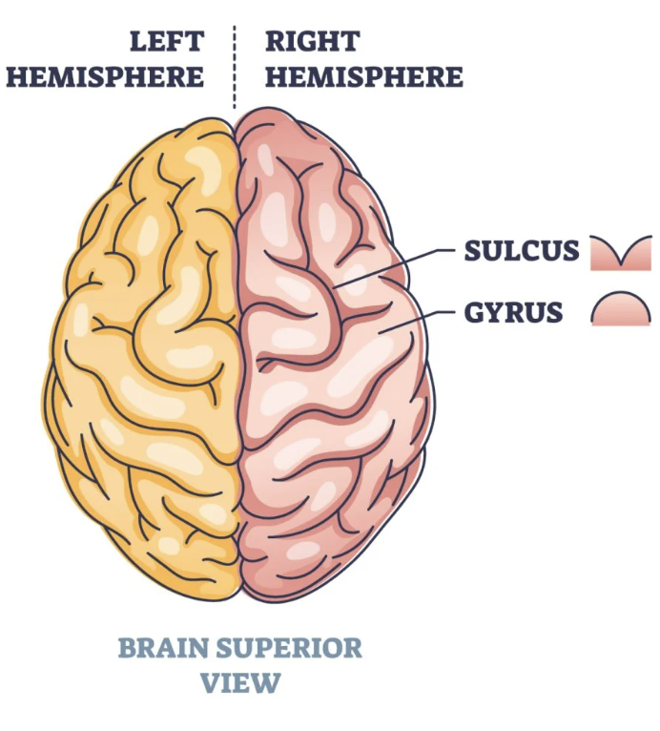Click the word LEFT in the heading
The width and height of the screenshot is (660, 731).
(x=167, y=42)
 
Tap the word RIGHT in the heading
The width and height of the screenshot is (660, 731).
(x=312, y=42)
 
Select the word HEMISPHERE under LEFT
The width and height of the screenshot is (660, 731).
(x=105, y=76)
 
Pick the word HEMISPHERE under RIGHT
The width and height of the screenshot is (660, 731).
(x=364, y=76)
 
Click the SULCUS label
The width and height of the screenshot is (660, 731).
(x=522, y=251)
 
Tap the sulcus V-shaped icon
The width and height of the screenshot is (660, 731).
(x=620, y=253)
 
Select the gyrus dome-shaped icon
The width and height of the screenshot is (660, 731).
(x=620, y=310)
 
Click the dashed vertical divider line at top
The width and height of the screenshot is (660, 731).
(x=234, y=67)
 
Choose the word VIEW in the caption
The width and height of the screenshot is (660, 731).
(x=240, y=683)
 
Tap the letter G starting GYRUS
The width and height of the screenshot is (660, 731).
(x=476, y=312)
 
